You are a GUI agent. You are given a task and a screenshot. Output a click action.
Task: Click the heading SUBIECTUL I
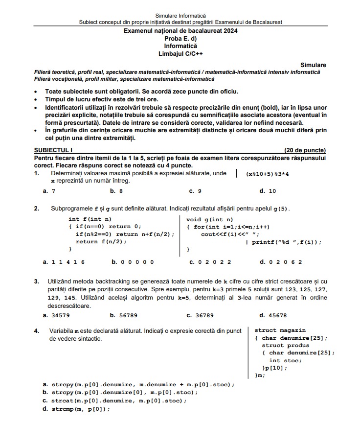pyautogui.click(x=53, y=150)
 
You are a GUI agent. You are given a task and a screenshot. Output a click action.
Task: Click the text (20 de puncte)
pyautogui.click(x=305, y=150)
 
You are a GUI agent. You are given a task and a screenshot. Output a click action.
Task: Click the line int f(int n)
pyautogui.click(x=90, y=219)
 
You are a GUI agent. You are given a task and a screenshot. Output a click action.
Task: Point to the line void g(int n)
pyautogui.click(x=209, y=219)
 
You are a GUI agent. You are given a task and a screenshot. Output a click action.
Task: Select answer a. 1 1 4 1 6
pyautogui.click(x=64, y=262)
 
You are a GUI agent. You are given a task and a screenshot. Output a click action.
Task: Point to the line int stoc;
pyautogui.click(x=285, y=360)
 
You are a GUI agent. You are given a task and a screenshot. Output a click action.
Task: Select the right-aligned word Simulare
pyautogui.click(x=313, y=65)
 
